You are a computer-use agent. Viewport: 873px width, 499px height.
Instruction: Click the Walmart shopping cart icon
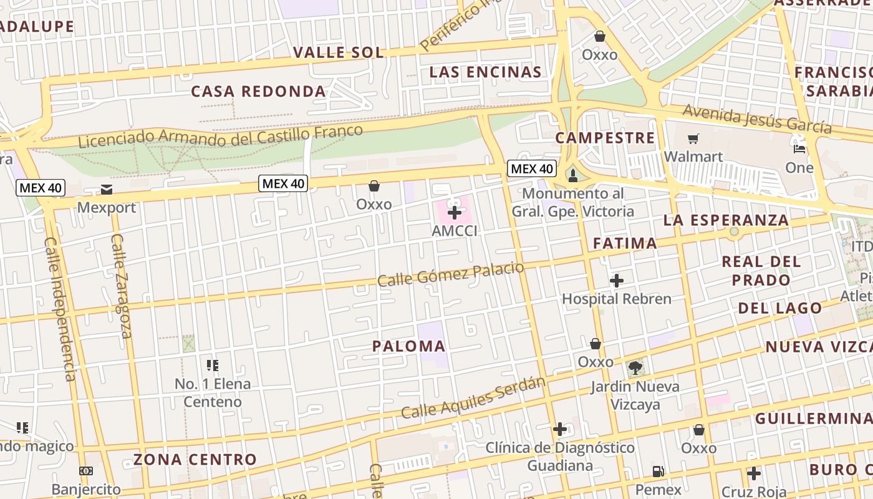click(x=693, y=138)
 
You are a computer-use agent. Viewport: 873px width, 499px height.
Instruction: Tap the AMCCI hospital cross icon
click(x=455, y=213)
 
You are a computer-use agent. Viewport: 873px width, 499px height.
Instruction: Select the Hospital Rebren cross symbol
click(x=617, y=281)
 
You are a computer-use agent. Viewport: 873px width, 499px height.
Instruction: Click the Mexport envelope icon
click(x=106, y=190)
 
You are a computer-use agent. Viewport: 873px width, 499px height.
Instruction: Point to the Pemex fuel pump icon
click(x=658, y=472)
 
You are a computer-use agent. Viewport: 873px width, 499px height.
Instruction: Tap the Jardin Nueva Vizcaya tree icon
click(x=635, y=368)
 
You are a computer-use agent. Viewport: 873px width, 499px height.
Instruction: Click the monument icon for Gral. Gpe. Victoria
click(x=573, y=176)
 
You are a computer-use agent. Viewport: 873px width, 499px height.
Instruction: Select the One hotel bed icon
click(x=799, y=149)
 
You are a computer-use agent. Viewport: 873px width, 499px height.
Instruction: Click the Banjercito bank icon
click(x=86, y=471)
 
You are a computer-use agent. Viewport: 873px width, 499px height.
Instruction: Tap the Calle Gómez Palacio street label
click(x=450, y=274)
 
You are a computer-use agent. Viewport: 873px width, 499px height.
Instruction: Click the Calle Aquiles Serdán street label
click(x=473, y=398)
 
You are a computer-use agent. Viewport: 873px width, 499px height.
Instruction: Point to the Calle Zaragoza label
click(x=122, y=286)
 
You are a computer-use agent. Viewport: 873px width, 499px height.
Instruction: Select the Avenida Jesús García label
click(x=757, y=119)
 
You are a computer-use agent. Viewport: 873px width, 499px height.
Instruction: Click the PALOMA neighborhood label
click(x=409, y=346)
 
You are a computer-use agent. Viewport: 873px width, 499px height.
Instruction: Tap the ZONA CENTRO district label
click(x=195, y=460)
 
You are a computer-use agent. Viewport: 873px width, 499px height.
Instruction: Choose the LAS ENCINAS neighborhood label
click(x=485, y=72)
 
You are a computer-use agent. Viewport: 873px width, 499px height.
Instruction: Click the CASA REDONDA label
click(x=258, y=91)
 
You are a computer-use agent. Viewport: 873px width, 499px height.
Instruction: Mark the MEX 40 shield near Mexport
click(x=41, y=188)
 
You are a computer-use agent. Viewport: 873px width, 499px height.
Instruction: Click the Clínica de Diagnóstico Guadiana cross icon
click(x=560, y=429)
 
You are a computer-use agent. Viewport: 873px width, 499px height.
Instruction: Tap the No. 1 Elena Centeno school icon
click(x=212, y=365)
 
